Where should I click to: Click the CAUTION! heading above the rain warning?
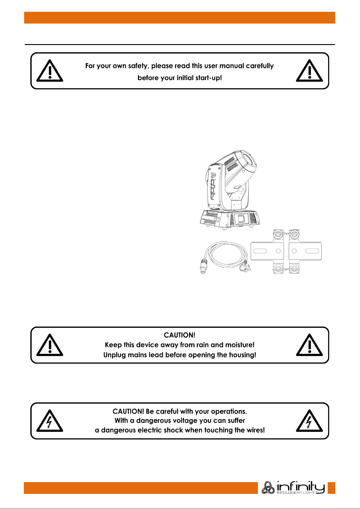[179, 335]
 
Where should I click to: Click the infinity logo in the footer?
[293, 487]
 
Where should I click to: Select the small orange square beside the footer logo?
[331, 488]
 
